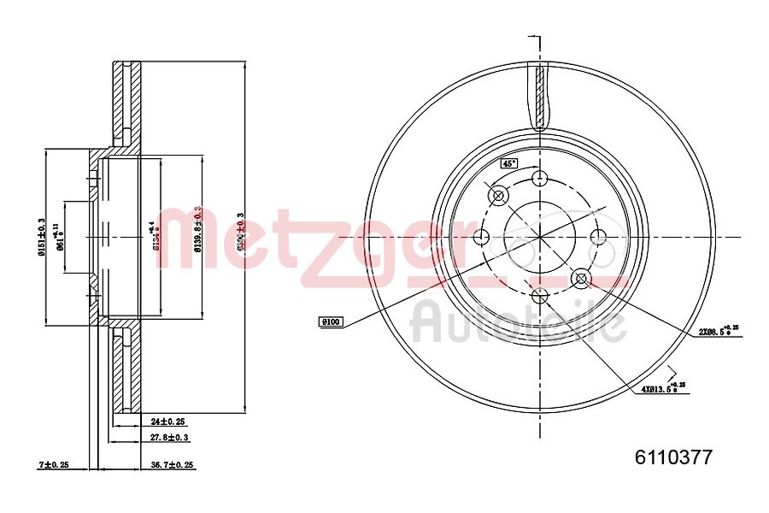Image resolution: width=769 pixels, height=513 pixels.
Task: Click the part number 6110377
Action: pyautogui.click(x=672, y=457)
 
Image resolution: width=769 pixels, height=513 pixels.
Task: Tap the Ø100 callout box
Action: pyautogui.click(x=330, y=321)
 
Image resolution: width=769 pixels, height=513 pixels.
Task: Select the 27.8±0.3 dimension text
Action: pyautogui.click(x=171, y=438)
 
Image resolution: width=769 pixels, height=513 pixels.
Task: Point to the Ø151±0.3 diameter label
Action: pyautogui.click(x=40, y=237)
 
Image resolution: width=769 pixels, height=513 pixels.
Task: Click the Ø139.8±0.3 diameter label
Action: pyautogui.click(x=198, y=229)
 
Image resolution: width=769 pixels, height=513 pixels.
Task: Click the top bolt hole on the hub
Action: pyautogui.click(x=539, y=178)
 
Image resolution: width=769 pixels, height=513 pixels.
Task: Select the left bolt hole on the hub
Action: pyautogui.click(x=481, y=237)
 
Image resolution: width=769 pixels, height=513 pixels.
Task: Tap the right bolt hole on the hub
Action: pyautogui.click(x=598, y=237)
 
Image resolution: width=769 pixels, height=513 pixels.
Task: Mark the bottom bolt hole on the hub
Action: pyautogui.click(x=539, y=296)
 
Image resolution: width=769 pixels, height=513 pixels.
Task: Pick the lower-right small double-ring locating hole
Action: pyautogui.click(x=581, y=278)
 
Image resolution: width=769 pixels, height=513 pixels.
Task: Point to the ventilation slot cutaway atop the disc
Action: pyautogui.click(x=540, y=94)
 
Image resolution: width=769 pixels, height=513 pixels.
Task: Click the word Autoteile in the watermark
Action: pyautogui.click(x=519, y=323)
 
